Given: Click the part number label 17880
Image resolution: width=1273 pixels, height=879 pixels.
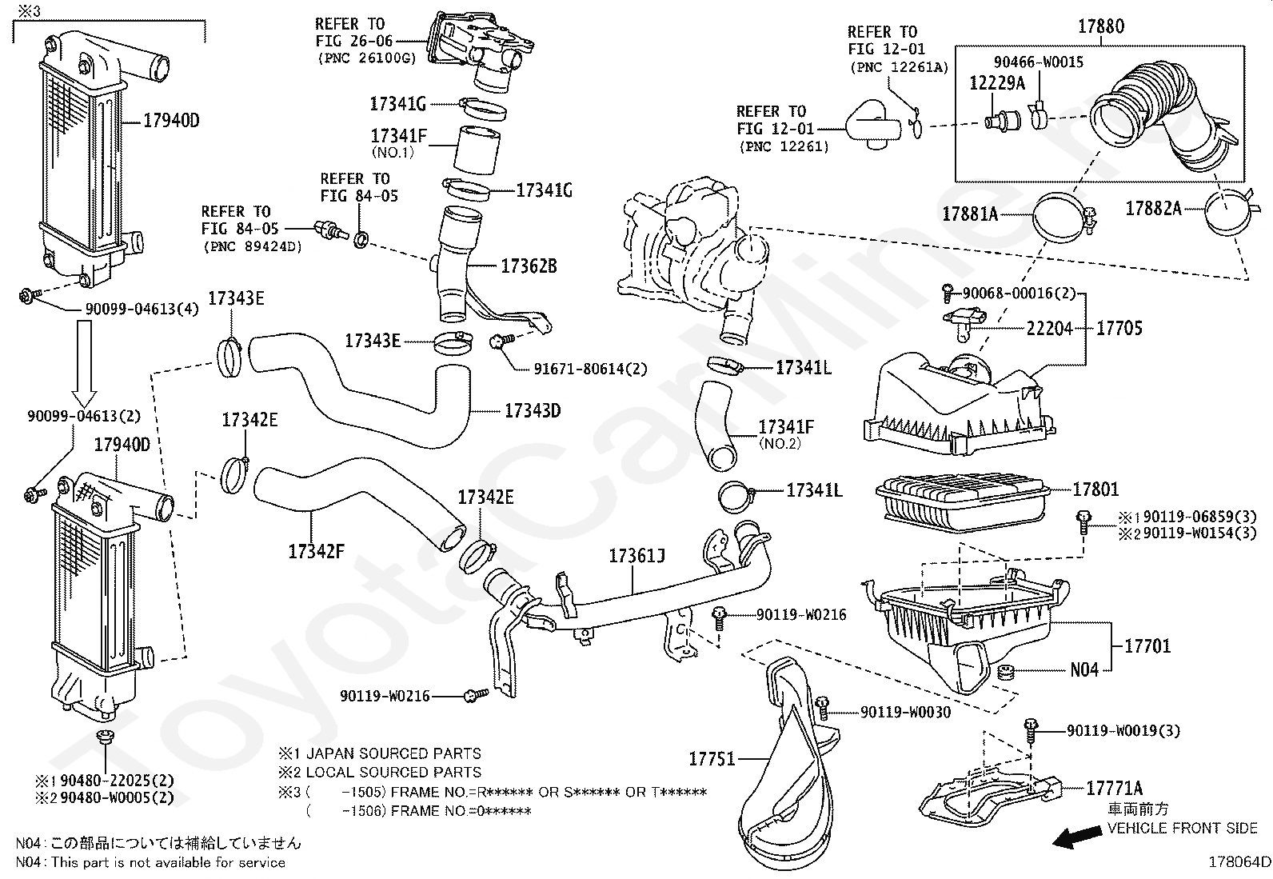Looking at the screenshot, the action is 1101,26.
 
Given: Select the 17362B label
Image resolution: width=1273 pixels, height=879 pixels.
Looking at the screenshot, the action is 529,266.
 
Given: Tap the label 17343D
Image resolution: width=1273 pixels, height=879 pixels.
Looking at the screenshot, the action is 533,410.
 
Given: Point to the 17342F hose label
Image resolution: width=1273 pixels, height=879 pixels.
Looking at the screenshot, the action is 316,551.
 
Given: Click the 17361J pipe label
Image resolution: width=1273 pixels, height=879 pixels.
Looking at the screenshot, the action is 636,556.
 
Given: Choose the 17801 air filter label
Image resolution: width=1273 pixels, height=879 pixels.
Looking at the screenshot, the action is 1095,489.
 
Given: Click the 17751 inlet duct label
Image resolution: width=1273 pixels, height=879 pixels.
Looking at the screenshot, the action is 712,758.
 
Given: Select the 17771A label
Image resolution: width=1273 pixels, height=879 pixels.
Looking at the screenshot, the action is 1114,788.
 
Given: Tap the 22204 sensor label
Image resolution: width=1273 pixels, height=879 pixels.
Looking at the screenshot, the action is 1049,328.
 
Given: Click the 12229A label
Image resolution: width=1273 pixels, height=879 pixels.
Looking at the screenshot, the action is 997,83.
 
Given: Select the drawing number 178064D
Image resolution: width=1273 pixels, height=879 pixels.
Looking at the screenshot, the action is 1239,862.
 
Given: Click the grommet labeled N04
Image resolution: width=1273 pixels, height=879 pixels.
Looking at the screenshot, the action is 1007,672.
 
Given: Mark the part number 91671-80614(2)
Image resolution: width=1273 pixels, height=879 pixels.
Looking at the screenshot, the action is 590,369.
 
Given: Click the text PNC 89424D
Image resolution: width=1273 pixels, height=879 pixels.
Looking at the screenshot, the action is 253,247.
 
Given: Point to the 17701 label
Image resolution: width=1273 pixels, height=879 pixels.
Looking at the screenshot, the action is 1147,646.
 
